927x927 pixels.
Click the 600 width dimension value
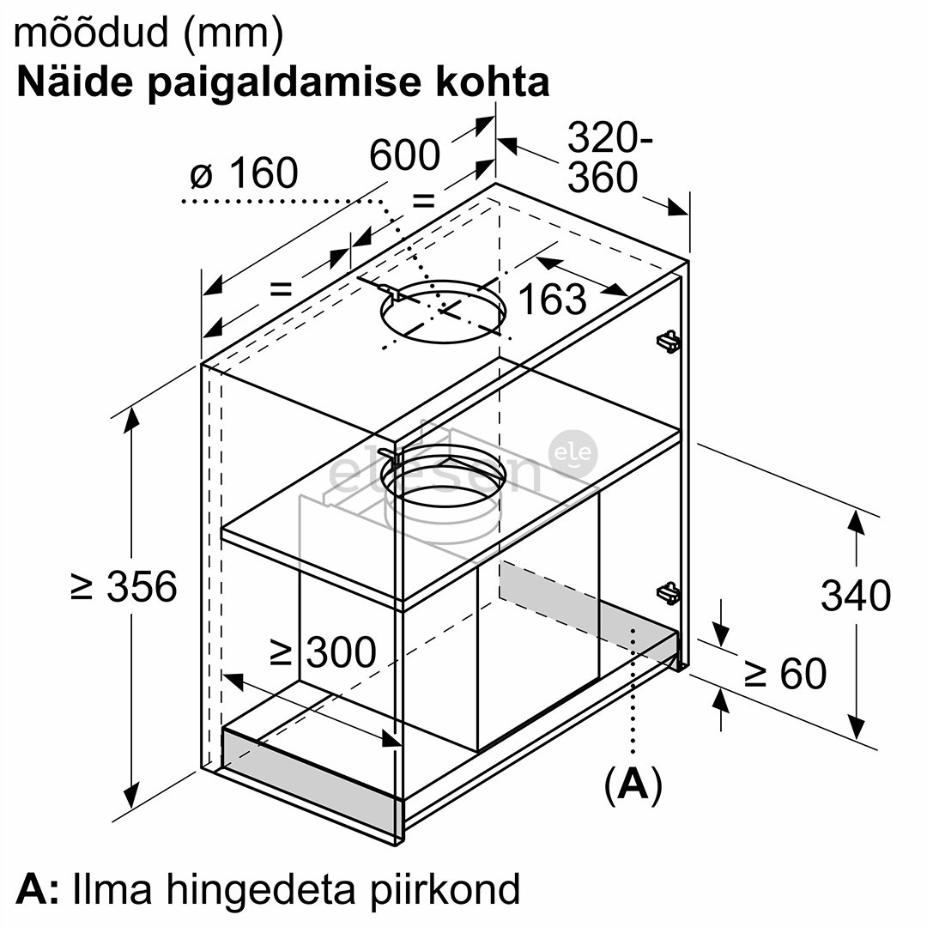[x=405, y=154]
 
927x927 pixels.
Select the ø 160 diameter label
[x=244, y=173]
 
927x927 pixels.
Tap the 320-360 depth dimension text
[x=609, y=157]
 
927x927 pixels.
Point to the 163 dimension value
[x=552, y=300]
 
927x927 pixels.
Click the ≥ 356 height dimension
[x=124, y=586]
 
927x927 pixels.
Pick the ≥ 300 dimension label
[x=323, y=652]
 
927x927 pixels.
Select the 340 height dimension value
[x=856, y=596]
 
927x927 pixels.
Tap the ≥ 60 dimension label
[x=785, y=673]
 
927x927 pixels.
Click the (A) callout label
[x=633, y=785]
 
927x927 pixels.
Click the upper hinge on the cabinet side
[x=668, y=341]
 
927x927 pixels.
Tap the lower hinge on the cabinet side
[x=668, y=593]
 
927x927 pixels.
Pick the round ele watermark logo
[x=573, y=454]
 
